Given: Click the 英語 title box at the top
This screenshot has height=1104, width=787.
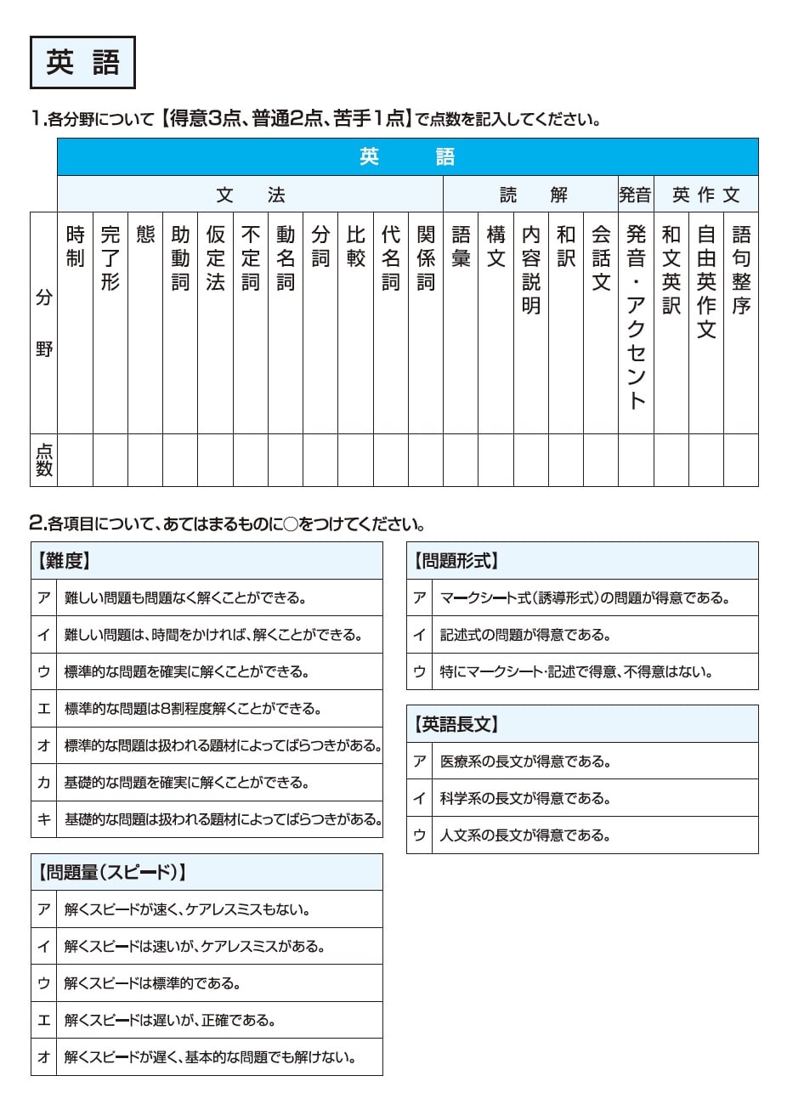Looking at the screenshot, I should (x=82, y=63).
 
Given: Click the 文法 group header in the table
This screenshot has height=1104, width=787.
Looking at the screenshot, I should (x=250, y=195).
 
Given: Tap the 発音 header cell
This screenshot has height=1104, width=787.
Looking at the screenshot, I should (x=635, y=195).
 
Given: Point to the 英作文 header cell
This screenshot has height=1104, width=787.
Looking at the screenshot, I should (x=705, y=195).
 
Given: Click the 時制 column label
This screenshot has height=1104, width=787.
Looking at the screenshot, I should (x=75, y=246).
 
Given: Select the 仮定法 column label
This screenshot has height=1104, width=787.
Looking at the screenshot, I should (x=215, y=258).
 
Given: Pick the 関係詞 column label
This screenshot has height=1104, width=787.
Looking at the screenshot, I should (x=425, y=258).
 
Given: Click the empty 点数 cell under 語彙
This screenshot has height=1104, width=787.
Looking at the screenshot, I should (x=460, y=460).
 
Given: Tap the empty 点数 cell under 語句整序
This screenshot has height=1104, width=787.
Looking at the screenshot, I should (x=740, y=460).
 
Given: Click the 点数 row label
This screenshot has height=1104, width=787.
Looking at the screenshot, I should (x=43, y=460).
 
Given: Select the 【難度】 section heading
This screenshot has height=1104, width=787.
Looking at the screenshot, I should (x=65, y=561).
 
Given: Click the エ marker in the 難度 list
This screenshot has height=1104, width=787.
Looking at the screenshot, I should (x=44, y=709).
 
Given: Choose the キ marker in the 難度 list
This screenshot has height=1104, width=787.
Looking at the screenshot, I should (x=44, y=819).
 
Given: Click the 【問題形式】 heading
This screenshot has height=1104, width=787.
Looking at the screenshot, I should (x=456, y=561).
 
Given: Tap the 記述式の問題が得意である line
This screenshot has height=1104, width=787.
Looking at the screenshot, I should (x=525, y=635).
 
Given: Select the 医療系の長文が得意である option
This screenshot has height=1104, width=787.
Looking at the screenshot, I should (x=525, y=761).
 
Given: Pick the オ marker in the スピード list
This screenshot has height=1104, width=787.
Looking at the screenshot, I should (x=44, y=1057).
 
